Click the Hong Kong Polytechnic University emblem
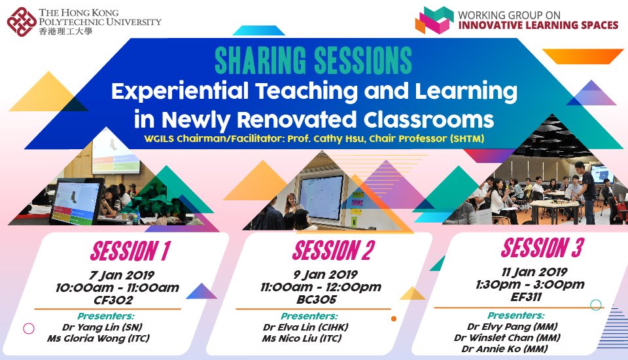click(x=22, y=22)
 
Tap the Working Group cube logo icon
click(x=434, y=20)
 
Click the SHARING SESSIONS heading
click(x=313, y=60)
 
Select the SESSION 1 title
click(x=131, y=251)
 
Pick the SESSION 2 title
click(x=334, y=250)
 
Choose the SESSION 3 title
click(x=542, y=247)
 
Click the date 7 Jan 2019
click(x=122, y=276)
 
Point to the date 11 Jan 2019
click(x=534, y=272)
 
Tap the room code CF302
click(x=113, y=300)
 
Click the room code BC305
click(x=317, y=300)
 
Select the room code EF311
click(x=526, y=297)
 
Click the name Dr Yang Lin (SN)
click(x=102, y=327)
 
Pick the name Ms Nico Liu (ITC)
click(x=302, y=338)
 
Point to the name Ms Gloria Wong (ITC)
click(x=99, y=338)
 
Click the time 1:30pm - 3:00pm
click(x=531, y=285)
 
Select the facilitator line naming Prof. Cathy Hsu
click(x=314, y=139)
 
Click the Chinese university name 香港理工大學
click(x=65, y=31)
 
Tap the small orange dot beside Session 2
click(x=394, y=319)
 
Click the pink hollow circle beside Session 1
click(x=24, y=329)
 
